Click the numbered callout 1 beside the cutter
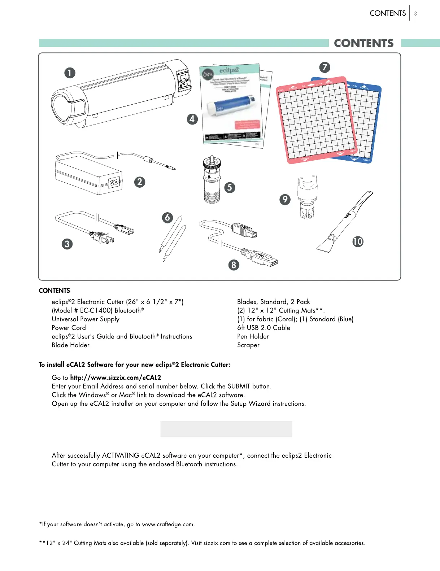pos(70,73)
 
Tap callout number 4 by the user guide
pos(192,119)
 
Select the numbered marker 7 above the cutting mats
pos(324,67)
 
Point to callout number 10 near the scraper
pos(358,241)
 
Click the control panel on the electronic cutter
pos(183,79)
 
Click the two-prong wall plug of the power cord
pos(102,237)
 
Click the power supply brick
pos(88,177)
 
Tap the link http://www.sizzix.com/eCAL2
pos(116,378)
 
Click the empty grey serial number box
pos(226,429)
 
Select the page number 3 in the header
pos(415,14)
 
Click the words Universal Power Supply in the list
pos(86,319)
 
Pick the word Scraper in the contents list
pos(248,345)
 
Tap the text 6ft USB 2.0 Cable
pos(263,328)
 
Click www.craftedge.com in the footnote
pos(168,524)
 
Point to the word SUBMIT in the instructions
pos(239,386)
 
